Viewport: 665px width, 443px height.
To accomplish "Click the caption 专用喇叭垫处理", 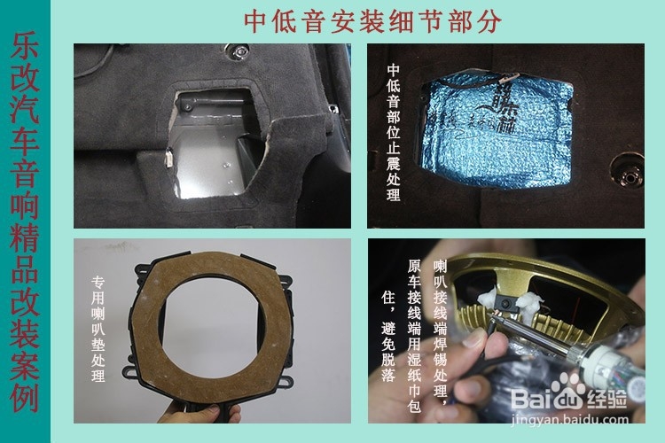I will tap(98, 328).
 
